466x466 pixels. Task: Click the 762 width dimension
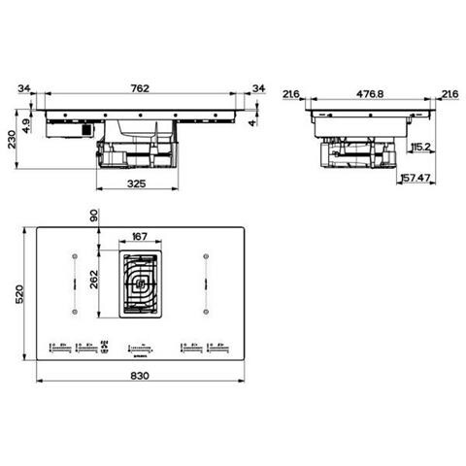(140, 88)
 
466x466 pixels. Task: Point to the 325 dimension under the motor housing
(138, 182)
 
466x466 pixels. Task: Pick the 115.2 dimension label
(420, 148)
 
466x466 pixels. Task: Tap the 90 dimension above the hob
(95, 217)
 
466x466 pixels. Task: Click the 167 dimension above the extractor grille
(139, 236)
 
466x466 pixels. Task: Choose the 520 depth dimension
(17, 296)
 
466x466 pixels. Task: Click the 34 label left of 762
(22, 89)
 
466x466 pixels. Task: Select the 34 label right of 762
(257, 89)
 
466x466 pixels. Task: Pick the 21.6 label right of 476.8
(449, 94)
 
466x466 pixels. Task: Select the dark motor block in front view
(89, 127)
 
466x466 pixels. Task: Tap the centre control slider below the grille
(140, 345)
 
